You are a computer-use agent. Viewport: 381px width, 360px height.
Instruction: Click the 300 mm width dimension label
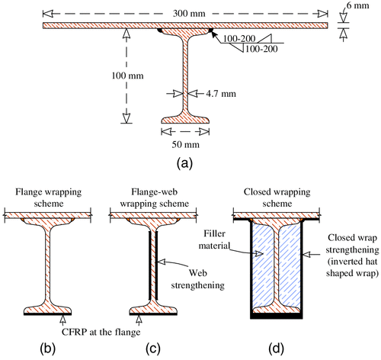189,13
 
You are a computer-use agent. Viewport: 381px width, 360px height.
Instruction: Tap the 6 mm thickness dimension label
358,5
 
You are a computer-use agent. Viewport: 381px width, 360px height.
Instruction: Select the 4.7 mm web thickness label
221,94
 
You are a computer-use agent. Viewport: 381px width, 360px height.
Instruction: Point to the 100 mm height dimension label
127,76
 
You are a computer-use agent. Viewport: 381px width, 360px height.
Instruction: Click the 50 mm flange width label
185,144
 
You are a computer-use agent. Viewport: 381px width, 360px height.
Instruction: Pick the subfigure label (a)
184,163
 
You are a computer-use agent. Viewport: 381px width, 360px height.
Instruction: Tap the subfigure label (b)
48,349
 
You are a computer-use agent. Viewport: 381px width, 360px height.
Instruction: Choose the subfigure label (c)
153,349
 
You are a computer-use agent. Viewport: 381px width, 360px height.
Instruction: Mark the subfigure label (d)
276,349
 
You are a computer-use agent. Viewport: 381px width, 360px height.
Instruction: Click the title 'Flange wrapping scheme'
49,198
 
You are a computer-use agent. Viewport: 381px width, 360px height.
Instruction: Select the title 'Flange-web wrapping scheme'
155,198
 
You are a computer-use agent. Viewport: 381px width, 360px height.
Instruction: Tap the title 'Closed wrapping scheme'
277,198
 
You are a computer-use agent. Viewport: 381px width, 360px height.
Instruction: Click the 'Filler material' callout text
214,239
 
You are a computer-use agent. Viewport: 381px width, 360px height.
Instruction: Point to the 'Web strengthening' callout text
198,279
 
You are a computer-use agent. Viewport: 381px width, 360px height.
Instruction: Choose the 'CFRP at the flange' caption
101,332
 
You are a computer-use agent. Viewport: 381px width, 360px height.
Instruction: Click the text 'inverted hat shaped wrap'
353,267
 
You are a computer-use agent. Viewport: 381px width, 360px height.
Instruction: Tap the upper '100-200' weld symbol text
239,39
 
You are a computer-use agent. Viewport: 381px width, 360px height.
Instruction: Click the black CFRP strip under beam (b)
47,314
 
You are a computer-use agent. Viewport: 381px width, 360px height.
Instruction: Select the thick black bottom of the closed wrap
277,316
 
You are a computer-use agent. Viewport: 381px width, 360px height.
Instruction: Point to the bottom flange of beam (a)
185,120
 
